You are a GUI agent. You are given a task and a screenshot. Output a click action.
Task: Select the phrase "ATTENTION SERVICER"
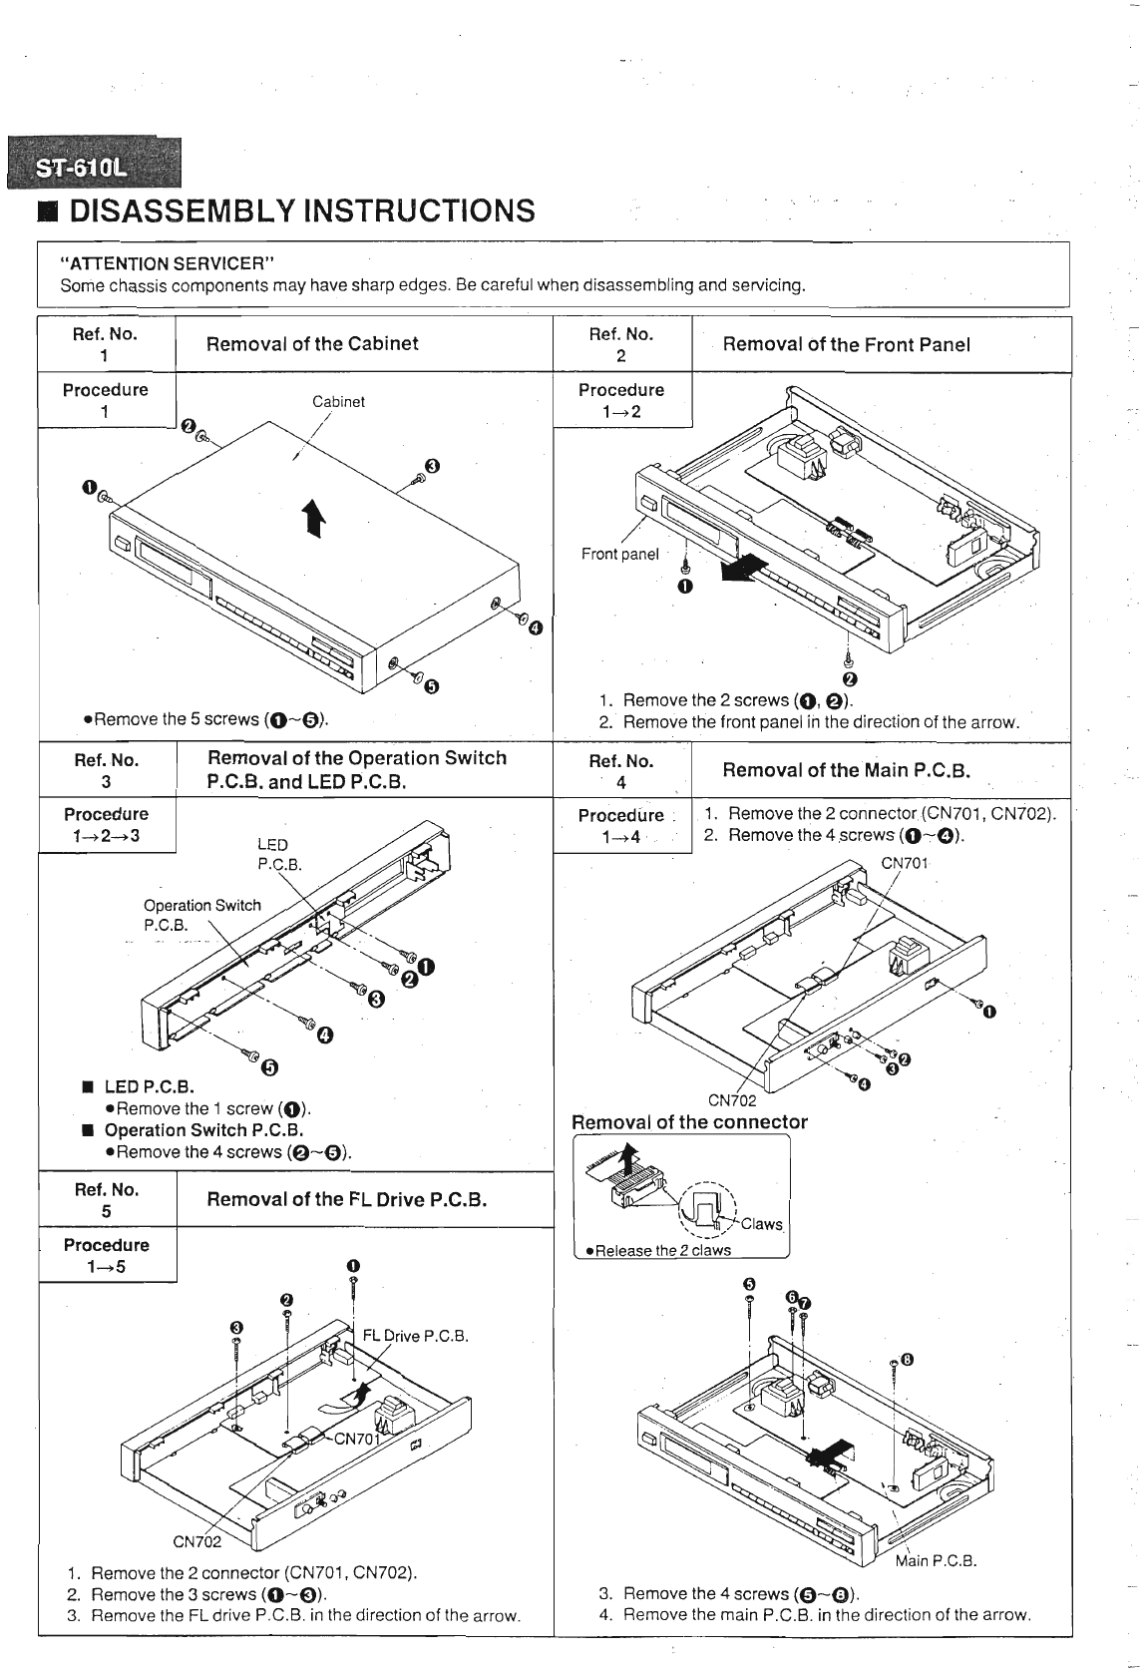168,263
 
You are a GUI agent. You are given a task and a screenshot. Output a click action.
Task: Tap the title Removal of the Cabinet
312,344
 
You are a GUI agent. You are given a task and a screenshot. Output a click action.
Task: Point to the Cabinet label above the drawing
338,402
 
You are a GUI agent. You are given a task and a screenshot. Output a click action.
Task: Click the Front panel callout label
619,554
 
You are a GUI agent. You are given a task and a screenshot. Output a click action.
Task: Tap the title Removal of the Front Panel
846,345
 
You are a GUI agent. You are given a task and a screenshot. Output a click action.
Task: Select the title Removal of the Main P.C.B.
846,770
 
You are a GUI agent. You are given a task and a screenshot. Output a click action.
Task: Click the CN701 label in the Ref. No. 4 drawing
905,863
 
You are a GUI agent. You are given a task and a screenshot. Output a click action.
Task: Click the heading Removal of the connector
689,1122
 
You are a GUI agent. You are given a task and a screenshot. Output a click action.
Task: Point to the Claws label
762,1225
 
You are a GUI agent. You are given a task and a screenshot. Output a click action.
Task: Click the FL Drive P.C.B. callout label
415,1336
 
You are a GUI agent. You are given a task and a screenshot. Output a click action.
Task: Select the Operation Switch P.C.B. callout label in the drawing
201,915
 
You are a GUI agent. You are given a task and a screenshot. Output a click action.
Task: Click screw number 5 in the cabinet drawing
431,685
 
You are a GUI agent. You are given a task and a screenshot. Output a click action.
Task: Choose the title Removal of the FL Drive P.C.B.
346,1199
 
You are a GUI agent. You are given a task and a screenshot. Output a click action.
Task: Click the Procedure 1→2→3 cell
107,825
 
